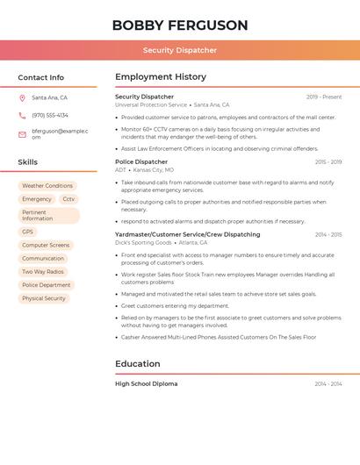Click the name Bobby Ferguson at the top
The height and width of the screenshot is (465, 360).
point(180,25)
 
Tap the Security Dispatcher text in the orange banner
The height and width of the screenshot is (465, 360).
point(180,50)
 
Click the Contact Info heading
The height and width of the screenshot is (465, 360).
point(41,77)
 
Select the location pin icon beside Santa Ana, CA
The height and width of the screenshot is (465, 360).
point(23,98)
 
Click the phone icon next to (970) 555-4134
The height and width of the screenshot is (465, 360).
point(23,115)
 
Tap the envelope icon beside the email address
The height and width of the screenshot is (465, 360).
point(23,134)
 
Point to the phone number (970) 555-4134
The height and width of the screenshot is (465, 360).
point(50,115)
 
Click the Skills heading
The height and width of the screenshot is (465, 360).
point(28,162)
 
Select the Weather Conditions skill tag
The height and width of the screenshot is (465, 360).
point(47,186)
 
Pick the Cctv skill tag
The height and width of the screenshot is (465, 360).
point(68,199)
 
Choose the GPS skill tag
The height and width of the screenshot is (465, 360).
point(28,232)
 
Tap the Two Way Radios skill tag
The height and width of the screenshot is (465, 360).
point(43,272)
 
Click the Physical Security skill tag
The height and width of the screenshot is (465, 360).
point(44,298)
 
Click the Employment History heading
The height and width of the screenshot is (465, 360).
point(161,77)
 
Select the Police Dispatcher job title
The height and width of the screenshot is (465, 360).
point(141,162)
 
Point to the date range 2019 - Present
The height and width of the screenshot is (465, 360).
point(324,97)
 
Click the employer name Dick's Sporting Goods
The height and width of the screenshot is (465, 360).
point(143,242)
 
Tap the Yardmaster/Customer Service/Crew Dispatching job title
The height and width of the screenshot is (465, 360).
point(188,234)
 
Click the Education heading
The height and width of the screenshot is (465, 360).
point(138,363)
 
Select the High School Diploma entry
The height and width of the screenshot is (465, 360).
point(147,383)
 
